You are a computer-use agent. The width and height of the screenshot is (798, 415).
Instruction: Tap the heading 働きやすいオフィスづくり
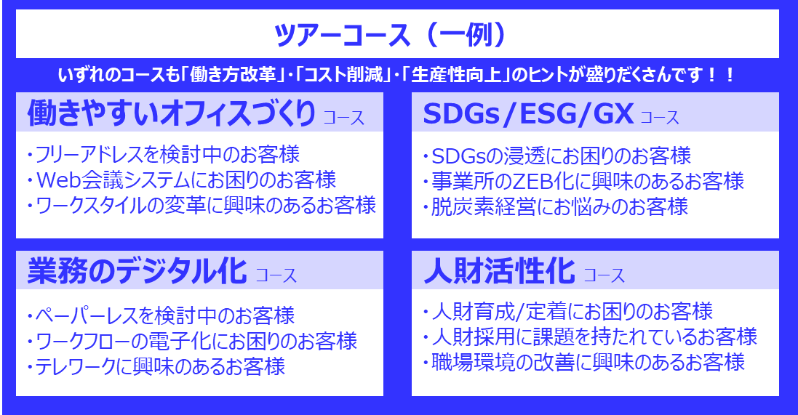click(172, 113)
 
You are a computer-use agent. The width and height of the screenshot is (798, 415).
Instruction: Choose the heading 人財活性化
click(499, 272)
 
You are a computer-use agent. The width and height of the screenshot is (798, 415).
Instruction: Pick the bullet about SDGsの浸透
click(556, 156)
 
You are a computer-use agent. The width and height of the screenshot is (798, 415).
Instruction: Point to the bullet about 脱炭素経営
click(556, 206)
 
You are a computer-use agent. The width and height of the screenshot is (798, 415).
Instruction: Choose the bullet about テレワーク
click(155, 366)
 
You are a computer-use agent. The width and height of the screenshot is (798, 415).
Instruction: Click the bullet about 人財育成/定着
click(567, 312)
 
